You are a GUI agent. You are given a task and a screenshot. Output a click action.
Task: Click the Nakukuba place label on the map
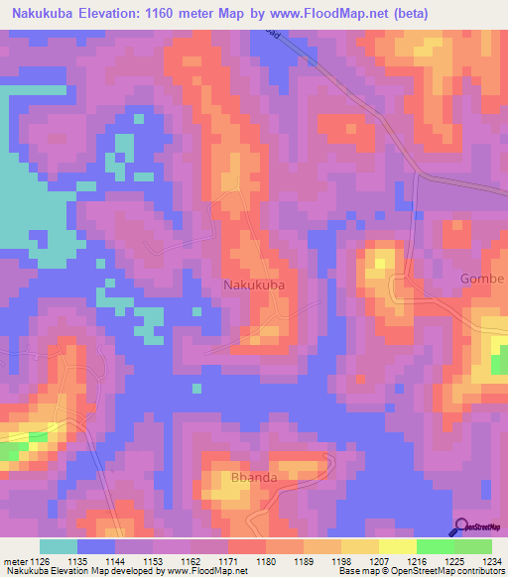tap(254, 285)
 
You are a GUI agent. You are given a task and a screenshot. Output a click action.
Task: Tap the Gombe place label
tap(483, 279)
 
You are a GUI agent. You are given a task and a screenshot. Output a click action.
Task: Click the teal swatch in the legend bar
tap(58, 546)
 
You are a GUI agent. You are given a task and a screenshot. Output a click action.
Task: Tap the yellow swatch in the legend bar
tap(397, 546)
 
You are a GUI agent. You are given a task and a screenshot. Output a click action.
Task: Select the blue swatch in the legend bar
tap(96, 546)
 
